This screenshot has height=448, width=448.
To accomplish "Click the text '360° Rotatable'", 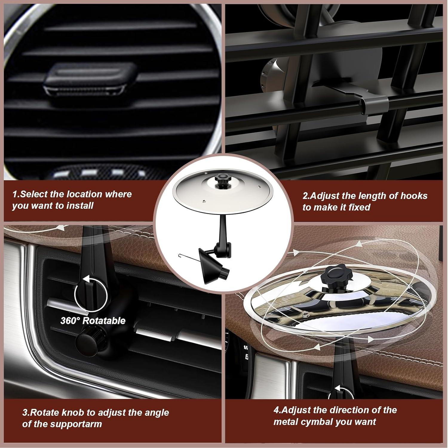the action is pos(93,321).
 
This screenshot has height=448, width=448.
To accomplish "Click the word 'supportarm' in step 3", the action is pos(76,424).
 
